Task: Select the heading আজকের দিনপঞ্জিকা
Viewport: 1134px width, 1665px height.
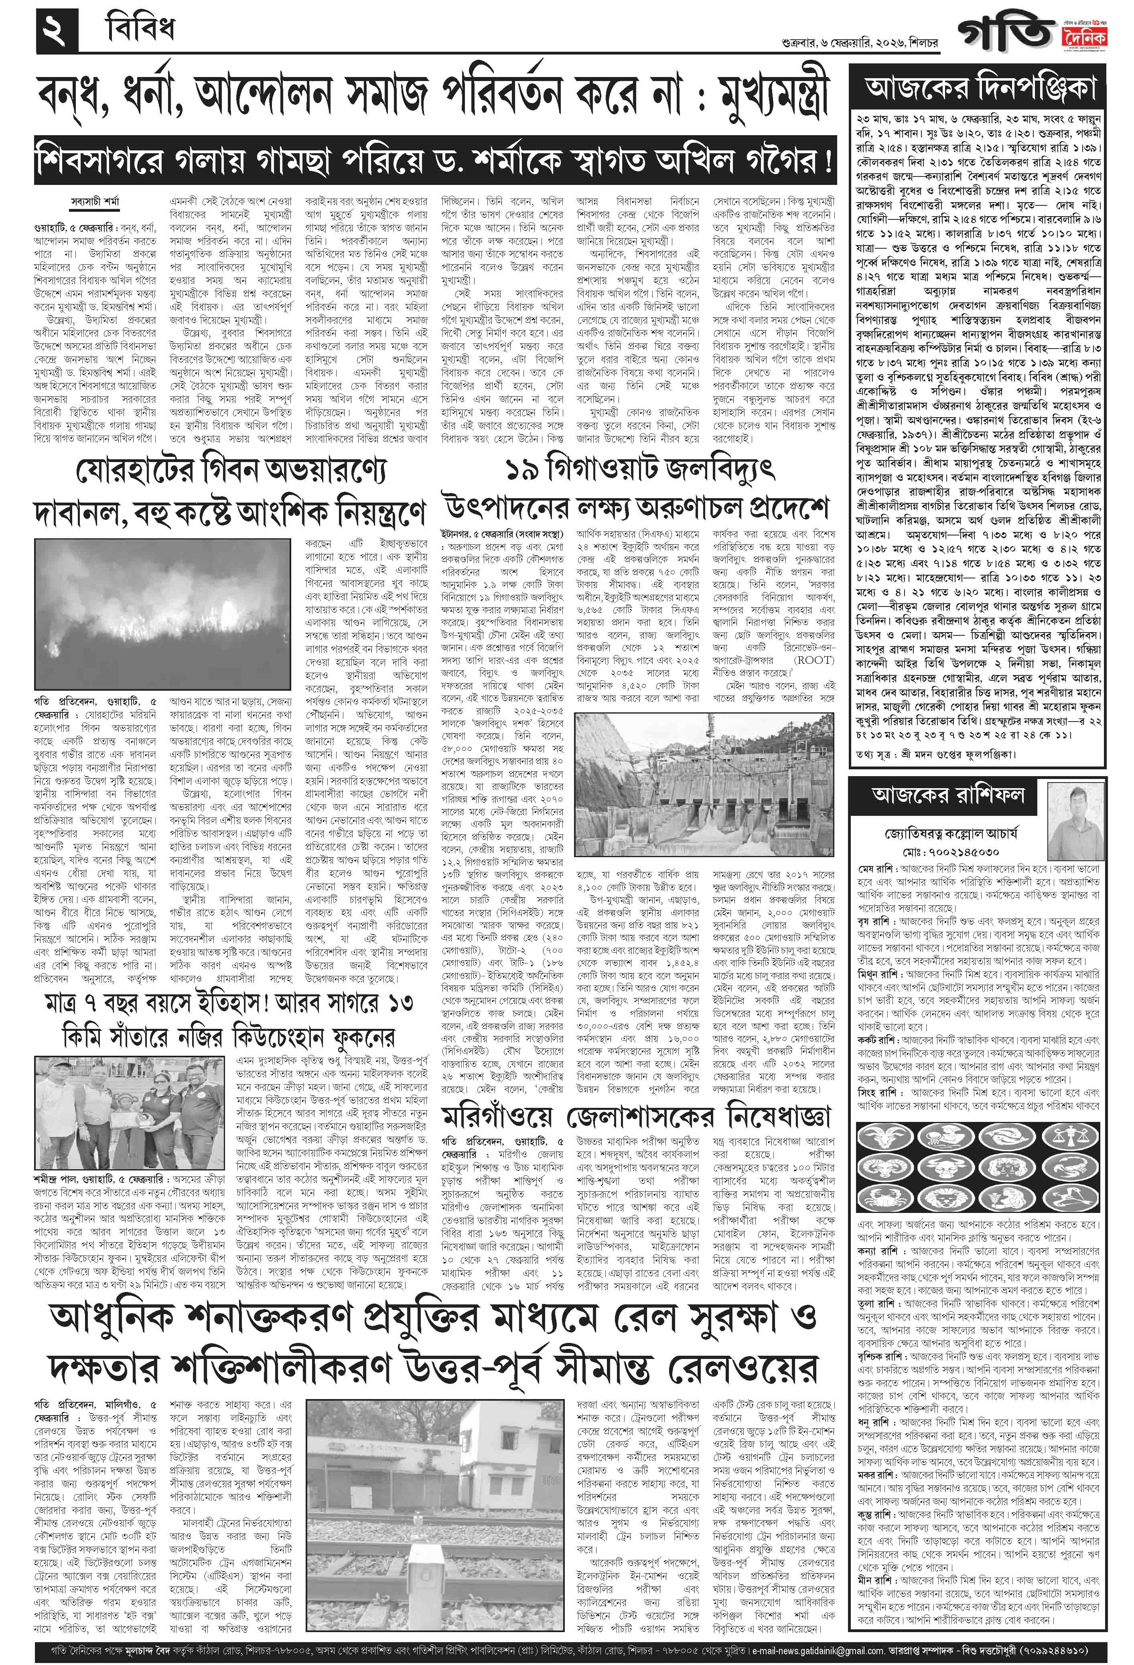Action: tap(980, 88)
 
